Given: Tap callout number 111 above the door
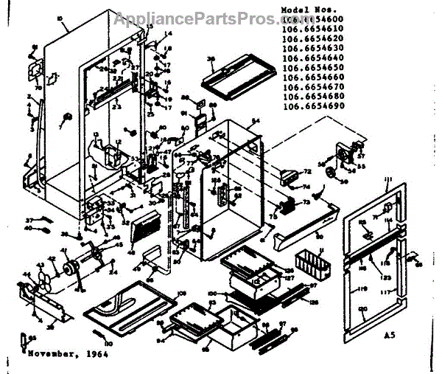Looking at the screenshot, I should pos(387,180).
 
